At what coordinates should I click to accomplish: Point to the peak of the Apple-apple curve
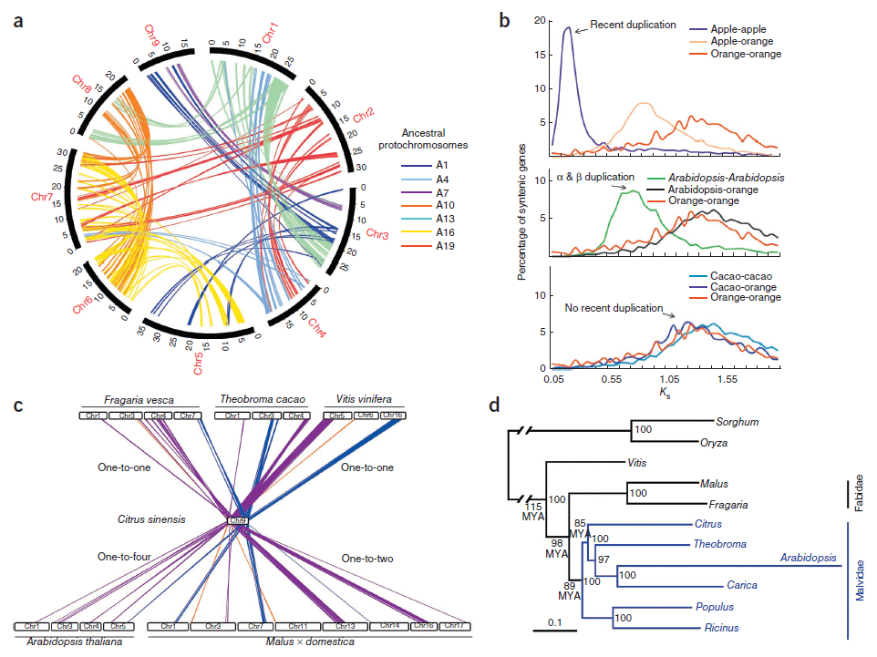pyautogui.click(x=569, y=27)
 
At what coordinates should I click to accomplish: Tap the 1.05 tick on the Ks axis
pyautogui.click(x=669, y=376)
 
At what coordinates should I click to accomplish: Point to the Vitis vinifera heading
pyautogui.click(x=366, y=399)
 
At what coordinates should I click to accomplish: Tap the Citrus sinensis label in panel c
pyautogui.click(x=150, y=519)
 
